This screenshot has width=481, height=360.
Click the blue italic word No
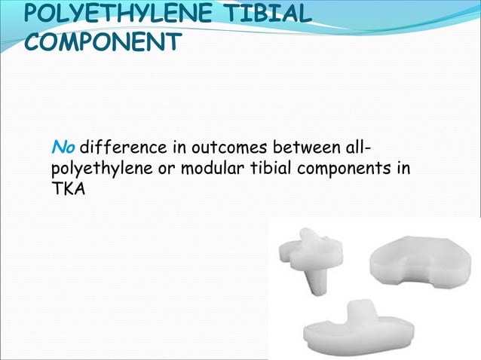pyautogui.click(x=63, y=145)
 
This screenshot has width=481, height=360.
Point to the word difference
pyautogui.click(x=118, y=145)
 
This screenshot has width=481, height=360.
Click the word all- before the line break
pyautogui.click(x=364, y=145)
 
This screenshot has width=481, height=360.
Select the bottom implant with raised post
pyautogui.click(x=358, y=328)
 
